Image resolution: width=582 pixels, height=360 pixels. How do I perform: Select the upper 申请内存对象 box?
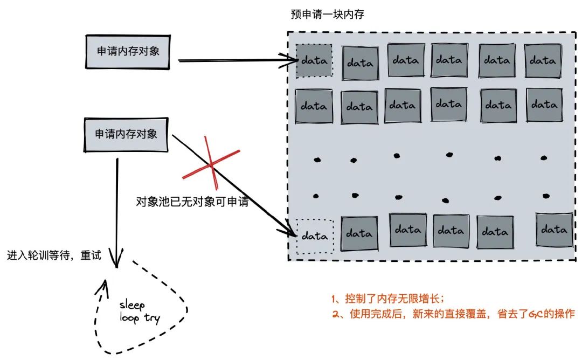point(128,51)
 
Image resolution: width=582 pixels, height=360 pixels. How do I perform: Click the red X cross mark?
point(210,163)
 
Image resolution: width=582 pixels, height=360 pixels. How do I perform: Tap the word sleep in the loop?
point(132,306)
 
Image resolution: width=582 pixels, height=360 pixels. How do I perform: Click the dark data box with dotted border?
point(314,60)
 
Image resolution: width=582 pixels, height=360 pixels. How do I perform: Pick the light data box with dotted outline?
point(315,236)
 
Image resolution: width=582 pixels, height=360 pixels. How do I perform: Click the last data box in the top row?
point(543,60)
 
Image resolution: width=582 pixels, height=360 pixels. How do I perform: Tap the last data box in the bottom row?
point(554,230)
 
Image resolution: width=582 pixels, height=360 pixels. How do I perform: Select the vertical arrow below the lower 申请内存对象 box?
point(116,210)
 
